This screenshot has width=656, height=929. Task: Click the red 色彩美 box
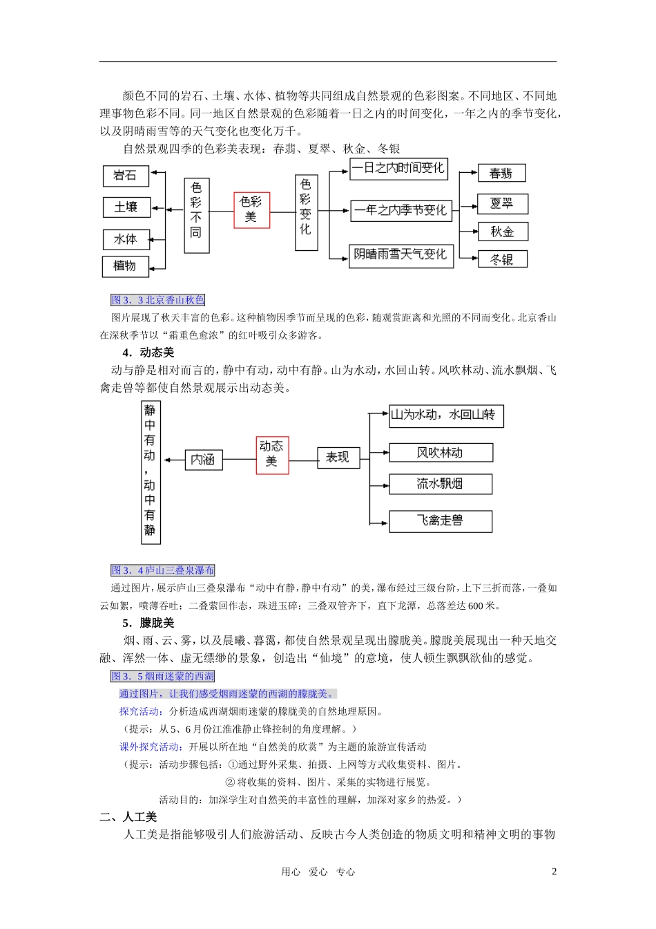251,209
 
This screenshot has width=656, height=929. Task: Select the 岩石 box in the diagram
126,176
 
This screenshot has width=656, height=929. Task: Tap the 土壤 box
126,207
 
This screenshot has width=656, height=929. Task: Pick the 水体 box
126,239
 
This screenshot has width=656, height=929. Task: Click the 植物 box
126,265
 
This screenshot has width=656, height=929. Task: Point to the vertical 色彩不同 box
196,216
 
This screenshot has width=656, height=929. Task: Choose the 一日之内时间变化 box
398,169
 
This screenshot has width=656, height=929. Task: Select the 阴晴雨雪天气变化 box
401,255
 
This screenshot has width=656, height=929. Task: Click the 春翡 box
501,173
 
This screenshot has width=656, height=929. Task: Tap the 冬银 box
502,259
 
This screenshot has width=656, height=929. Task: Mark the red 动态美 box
272,455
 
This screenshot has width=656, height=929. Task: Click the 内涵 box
204,460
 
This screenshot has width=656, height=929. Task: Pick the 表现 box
338,458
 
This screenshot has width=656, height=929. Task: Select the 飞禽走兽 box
441,521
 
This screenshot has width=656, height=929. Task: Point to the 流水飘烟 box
441,484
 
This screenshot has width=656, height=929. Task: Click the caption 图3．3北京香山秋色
158,300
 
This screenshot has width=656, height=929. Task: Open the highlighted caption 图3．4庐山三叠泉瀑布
163,570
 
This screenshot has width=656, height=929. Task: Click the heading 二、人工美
128,817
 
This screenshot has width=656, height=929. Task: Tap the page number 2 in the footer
554,872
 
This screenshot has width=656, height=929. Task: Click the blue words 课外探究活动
149,747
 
